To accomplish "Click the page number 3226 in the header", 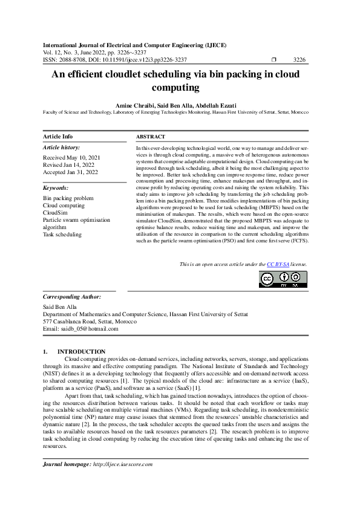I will click(x=299, y=60).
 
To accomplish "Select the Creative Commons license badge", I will click(x=283, y=279).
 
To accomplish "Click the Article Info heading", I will click(x=58, y=137).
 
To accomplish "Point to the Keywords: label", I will click(x=56, y=188).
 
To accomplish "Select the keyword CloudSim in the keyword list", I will click(x=54, y=213).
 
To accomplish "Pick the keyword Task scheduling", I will click(x=62, y=234).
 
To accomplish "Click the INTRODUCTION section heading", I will click(x=81, y=352).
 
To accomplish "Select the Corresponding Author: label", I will click(x=72, y=297).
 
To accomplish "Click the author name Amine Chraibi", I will click(x=134, y=105).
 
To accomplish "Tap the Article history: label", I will click(x=61, y=148).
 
